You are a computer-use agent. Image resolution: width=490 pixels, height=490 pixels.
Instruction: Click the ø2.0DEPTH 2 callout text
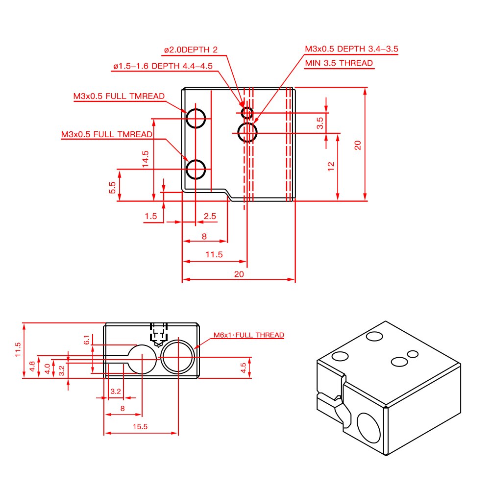191,49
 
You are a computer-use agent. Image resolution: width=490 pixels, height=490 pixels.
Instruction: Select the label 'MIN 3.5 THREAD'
339,63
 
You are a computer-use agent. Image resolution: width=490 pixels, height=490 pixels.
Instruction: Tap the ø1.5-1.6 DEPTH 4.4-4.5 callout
162,66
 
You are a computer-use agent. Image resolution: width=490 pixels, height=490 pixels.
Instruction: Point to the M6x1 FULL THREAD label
248,335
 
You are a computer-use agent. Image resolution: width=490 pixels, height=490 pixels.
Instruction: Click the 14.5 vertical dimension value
146,159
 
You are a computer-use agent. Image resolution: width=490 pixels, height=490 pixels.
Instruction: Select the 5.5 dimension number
112,187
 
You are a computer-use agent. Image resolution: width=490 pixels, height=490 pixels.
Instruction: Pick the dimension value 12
331,166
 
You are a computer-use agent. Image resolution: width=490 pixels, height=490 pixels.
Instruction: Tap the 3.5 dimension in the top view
320,122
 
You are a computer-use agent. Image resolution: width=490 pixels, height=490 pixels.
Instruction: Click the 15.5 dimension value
140,427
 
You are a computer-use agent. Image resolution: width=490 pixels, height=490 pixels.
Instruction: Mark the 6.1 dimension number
87,340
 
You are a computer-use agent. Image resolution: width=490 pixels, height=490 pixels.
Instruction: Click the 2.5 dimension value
210,216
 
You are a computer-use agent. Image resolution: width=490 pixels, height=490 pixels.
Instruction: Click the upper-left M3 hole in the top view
196,118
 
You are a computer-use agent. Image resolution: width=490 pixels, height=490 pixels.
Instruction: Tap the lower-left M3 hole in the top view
196,170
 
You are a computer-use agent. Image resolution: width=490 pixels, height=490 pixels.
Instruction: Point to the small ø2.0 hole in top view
247,113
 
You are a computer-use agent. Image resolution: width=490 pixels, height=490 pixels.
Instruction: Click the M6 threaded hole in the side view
178,356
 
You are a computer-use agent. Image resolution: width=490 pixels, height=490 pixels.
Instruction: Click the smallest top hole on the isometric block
413,354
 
